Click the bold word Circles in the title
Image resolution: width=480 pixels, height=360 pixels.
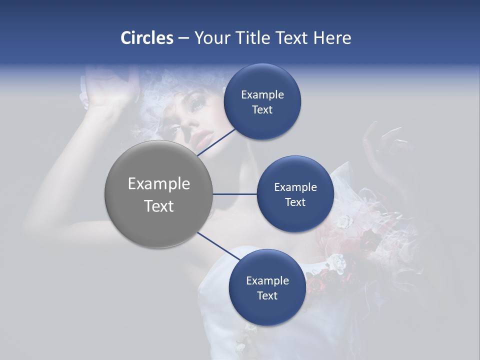[x=147, y=38]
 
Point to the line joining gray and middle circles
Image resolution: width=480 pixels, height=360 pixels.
[x=235, y=194]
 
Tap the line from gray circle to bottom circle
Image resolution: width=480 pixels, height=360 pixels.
[x=218, y=246]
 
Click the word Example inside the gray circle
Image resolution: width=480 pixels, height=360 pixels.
[x=159, y=184]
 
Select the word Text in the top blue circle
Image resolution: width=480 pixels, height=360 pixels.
[x=262, y=110]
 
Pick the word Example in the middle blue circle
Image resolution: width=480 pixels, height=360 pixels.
[x=295, y=187]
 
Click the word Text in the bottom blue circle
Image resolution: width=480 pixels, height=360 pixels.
[x=267, y=295]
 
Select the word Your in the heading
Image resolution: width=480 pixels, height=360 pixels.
[x=210, y=38]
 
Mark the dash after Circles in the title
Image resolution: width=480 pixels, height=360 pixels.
[x=183, y=38]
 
